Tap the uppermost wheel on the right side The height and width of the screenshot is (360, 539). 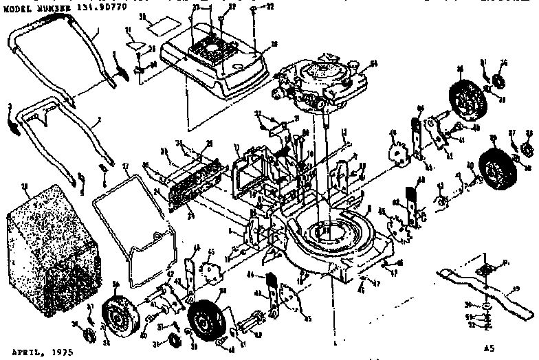463,94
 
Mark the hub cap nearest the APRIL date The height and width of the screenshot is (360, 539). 89,335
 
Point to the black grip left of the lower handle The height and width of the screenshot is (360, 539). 12,124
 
